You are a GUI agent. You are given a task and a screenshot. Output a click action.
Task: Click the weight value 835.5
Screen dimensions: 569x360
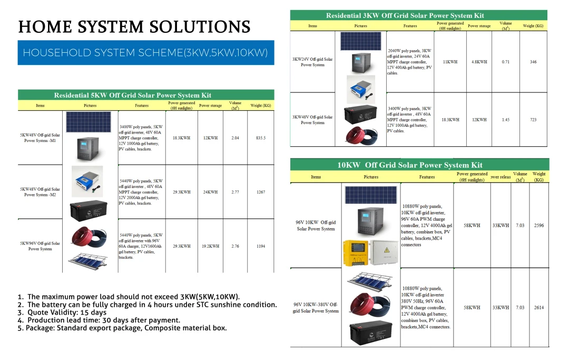click(x=261, y=138)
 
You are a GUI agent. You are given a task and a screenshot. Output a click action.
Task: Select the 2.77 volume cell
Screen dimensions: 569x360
click(x=235, y=192)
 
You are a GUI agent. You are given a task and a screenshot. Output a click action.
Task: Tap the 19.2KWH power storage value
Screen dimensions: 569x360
click(x=210, y=246)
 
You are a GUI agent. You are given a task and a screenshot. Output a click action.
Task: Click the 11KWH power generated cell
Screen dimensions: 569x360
click(x=450, y=62)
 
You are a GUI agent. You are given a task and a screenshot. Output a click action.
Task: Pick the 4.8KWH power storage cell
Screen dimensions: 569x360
click(x=479, y=62)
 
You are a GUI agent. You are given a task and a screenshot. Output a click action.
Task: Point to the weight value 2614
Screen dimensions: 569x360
click(x=539, y=307)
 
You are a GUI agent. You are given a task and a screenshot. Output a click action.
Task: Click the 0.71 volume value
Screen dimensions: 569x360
click(x=506, y=62)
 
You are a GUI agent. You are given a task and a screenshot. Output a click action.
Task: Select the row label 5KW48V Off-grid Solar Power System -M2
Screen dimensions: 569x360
click(x=40, y=192)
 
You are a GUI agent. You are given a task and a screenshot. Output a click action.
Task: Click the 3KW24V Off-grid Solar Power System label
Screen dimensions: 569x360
click(x=312, y=62)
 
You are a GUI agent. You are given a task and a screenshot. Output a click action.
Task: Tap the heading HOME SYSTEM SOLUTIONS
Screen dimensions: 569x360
click(x=134, y=27)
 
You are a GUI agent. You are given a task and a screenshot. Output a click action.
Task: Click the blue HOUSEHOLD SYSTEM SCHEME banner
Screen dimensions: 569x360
click(x=146, y=53)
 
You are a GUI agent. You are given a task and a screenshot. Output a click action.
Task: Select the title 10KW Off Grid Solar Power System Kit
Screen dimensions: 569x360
click(x=410, y=165)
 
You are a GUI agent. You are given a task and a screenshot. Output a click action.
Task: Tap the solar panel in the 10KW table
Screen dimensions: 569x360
click(x=371, y=194)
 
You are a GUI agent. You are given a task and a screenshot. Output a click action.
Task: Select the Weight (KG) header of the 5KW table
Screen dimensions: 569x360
click(x=261, y=106)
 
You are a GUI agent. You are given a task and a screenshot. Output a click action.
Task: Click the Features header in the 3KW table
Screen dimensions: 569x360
click(x=410, y=26)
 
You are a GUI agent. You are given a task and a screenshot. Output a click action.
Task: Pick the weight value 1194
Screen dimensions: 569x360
click(x=261, y=246)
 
